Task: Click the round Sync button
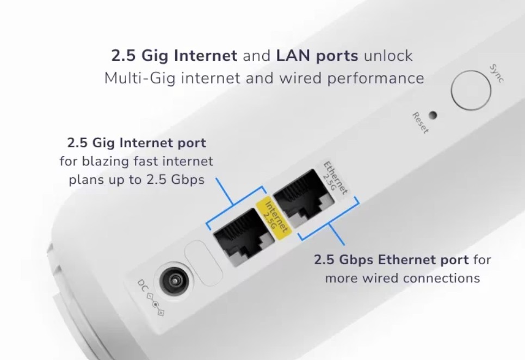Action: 471,90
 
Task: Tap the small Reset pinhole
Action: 433,115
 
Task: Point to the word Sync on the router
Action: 496,73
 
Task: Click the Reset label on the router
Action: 420,123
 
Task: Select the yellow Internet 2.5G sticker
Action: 274,219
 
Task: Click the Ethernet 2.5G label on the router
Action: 333,178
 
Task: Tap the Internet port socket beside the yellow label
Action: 239,237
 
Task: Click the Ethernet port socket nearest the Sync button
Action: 304,198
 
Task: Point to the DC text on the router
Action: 142,285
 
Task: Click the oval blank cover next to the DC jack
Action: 203,263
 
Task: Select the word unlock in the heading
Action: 388,55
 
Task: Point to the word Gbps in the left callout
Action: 188,180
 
